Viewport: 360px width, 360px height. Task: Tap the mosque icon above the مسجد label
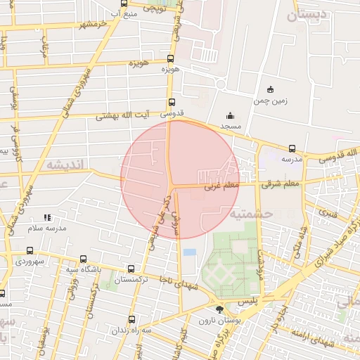coord(230,116)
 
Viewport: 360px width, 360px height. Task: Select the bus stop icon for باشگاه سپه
coord(84,259)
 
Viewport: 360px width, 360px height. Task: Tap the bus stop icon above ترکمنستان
coord(131,269)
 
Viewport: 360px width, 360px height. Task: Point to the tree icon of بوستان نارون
coord(219,309)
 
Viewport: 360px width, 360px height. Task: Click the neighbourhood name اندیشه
coord(65,164)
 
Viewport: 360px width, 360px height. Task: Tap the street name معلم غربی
coord(223,187)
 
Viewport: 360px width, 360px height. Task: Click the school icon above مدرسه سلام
coord(47,218)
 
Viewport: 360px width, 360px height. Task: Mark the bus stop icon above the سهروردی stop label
coord(29,250)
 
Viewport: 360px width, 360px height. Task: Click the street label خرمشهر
coord(97,25)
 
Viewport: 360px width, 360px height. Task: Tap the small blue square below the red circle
coord(189,252)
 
